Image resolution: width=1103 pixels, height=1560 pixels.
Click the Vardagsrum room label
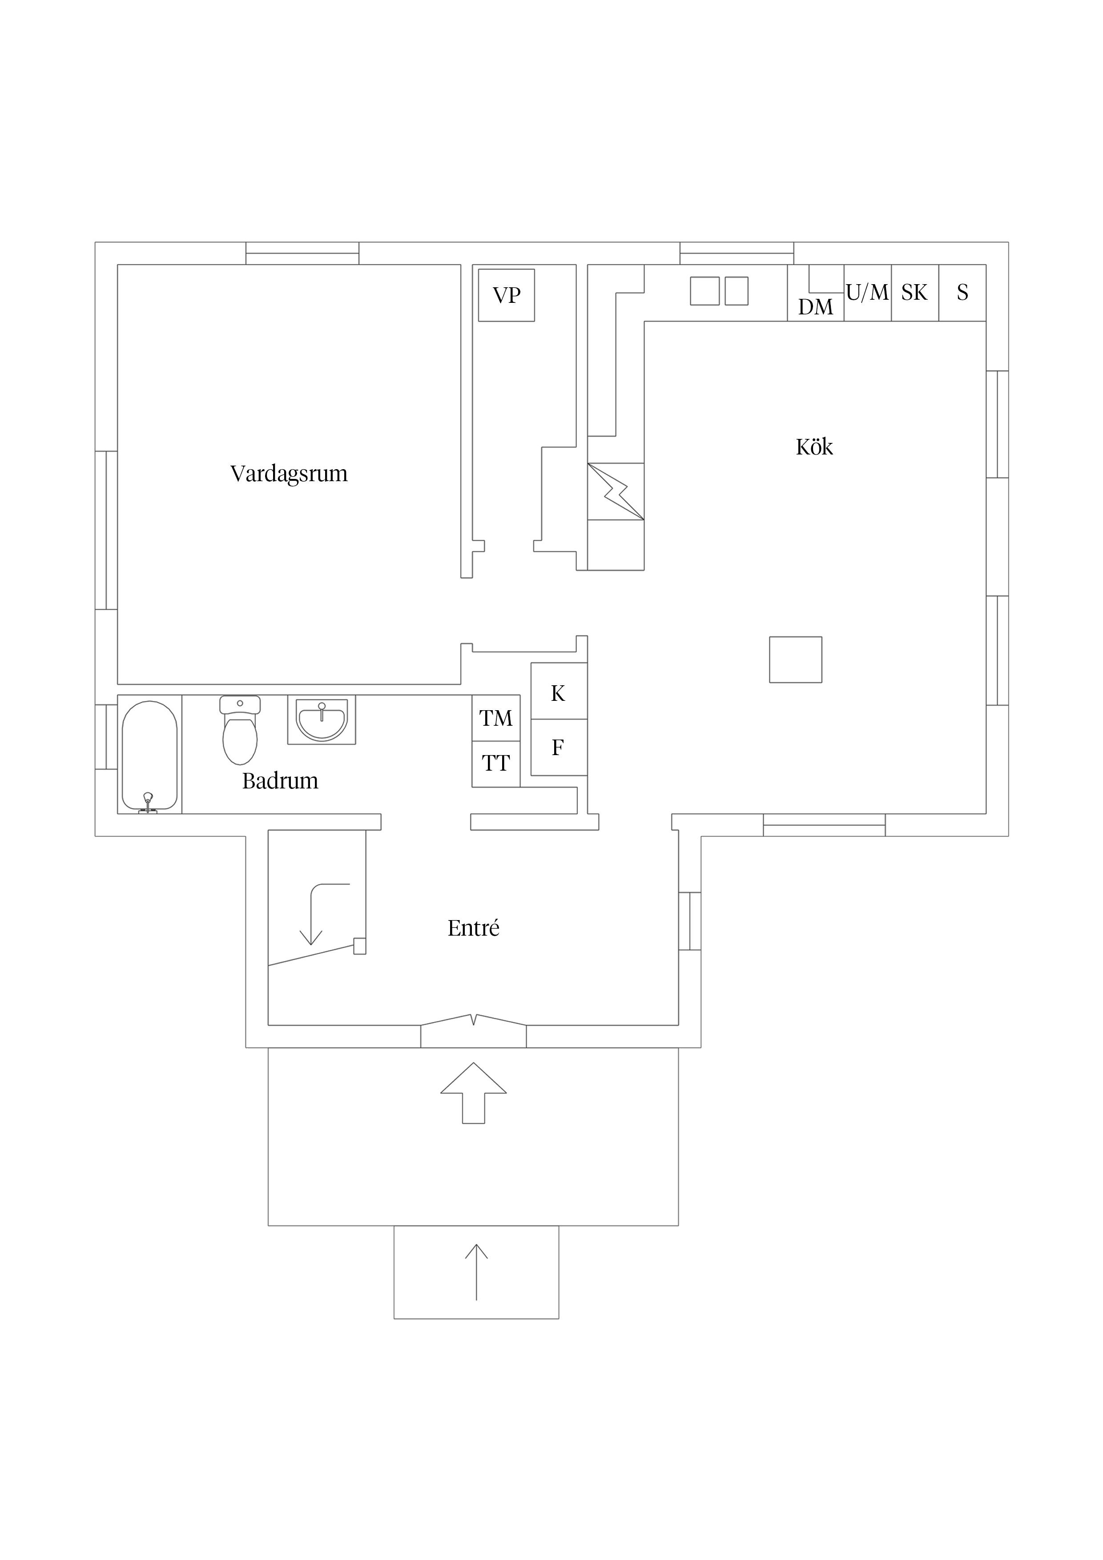point(289,474)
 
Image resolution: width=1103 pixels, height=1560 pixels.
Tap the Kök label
point(814,446)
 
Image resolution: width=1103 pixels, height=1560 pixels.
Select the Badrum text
point(280,781)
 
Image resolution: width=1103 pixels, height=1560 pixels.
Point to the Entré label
point(473,928)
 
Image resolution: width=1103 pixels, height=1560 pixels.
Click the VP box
point(506,295)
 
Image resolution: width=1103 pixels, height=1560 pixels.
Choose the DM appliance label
point(816,307)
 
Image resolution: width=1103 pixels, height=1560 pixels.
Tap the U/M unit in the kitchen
point(868,293)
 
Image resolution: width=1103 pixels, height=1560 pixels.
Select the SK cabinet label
point(915,293)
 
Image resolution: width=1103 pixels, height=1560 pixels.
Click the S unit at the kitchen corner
point(962,293)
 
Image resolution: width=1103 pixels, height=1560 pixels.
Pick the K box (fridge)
point(559,691)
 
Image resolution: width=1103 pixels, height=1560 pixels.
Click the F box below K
point(559,748)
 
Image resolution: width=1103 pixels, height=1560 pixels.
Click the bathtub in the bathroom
point(149,756)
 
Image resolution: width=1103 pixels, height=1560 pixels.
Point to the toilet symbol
point(240,730)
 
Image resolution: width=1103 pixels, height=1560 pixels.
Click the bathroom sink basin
point(322,720)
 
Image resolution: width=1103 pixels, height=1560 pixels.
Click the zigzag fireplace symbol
point(616,491)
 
